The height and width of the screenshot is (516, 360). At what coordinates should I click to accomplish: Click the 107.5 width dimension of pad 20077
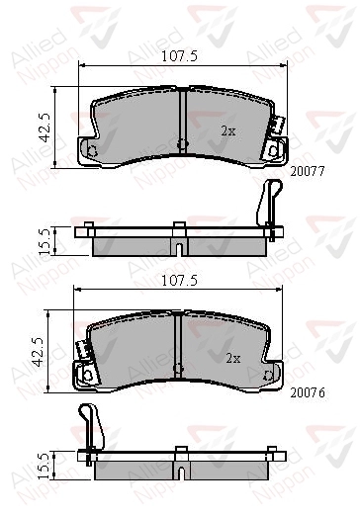(179, 56)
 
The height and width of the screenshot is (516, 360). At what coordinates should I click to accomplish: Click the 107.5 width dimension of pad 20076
(179, 281)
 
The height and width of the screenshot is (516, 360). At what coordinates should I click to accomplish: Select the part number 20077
(308, 171)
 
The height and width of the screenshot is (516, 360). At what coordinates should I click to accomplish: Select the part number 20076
(308, 392)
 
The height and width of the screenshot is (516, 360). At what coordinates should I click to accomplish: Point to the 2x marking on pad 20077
(228, 131)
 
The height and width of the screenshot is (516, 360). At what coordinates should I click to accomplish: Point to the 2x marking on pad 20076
(233, 358)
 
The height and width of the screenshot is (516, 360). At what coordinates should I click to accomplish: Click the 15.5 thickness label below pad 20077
(44, 242)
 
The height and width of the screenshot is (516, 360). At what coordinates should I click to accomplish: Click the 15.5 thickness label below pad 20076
(44, 466)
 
